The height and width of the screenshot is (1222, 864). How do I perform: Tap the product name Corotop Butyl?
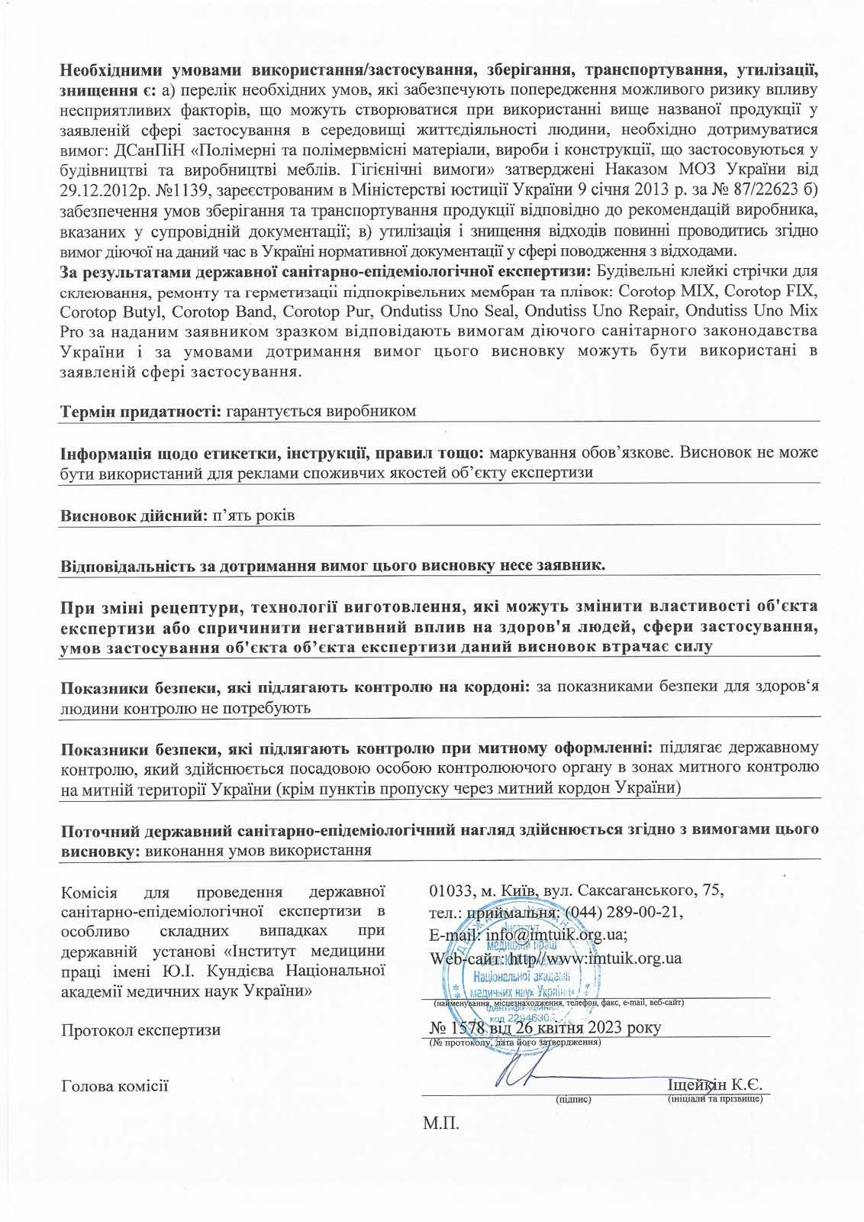point(111,312)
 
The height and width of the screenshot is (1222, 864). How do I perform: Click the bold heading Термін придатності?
point(140,411)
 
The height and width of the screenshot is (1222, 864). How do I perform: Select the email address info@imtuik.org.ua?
point(556,935)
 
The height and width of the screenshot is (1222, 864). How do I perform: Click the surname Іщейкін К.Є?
point(714,1085)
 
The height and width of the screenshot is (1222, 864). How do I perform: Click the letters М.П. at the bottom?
point(440,1123)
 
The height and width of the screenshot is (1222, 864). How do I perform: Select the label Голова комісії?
point(114,1085)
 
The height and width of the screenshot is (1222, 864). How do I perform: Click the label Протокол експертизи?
point(140,1030)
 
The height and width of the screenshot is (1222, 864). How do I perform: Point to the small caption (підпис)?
point(574,1100)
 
